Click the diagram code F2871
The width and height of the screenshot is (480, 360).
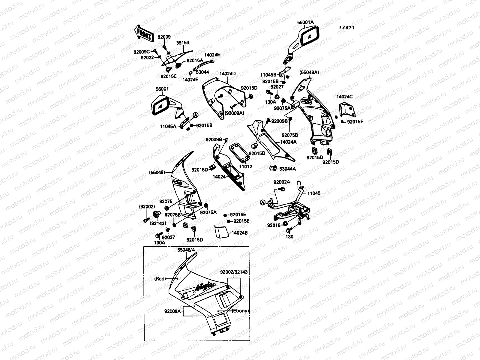(347, 27)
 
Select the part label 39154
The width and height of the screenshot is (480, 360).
(182, 43)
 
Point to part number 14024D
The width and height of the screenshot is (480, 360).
(227, 73)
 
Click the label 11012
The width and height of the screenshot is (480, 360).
(246, 166)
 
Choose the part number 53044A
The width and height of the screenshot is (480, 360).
(287, 169)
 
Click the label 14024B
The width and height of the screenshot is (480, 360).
(240, 233)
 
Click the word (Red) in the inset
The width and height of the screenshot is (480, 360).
(160, 279)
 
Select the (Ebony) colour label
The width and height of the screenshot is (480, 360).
(241, 311)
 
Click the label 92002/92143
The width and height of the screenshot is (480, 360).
(234, 272)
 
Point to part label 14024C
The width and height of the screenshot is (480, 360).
(344, 97)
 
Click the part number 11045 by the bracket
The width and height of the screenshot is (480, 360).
(314, 193)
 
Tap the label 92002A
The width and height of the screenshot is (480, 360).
(281, 182)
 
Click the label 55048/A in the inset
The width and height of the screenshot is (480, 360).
(186, 250)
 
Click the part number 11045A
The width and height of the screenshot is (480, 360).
(168, 127)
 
